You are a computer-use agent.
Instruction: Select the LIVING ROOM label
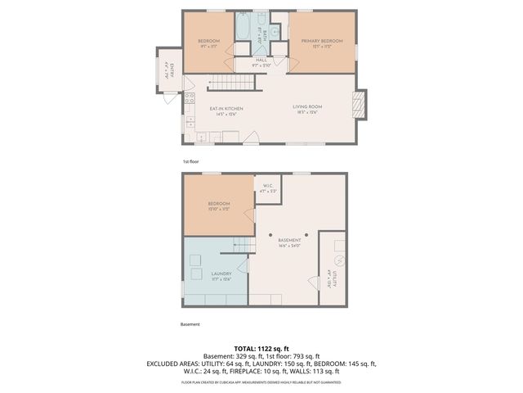click(310, 108)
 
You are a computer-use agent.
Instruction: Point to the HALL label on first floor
click(261, 60)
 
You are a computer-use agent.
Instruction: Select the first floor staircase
click(232, 83)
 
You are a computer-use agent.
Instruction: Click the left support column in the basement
click(271, 235)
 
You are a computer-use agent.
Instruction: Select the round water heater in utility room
click(340, 261)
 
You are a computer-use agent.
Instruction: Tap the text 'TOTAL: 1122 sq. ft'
click(261, 347)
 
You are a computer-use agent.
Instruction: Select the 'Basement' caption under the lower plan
click(190, 324)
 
